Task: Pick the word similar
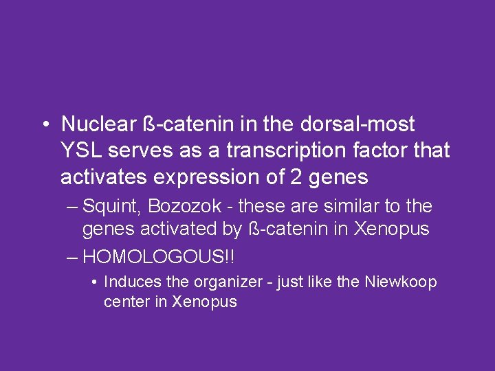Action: (x=361, y=207)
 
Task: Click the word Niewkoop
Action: (x=402, y=282)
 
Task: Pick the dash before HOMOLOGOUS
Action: (x=72, y=258)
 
